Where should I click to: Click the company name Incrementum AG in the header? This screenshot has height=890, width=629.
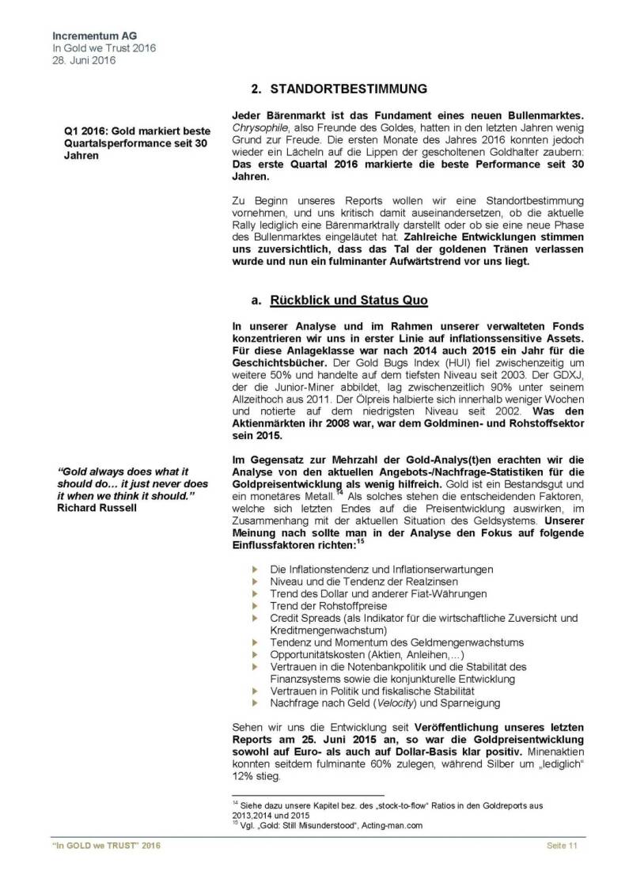tap(91, 36)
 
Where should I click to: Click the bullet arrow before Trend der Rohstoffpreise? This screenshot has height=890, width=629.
tap(255, 605)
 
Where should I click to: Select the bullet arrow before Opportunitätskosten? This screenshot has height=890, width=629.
tap(255, 656)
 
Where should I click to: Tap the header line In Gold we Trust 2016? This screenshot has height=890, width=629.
tap(104, 48)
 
